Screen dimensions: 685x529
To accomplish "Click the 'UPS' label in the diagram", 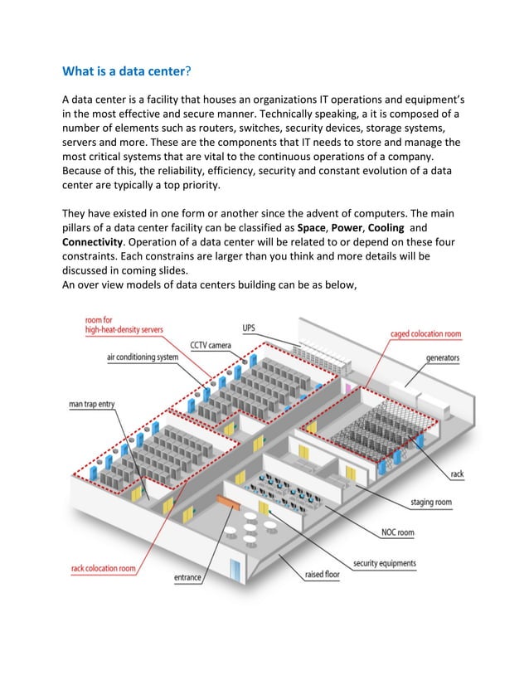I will pos(249,328).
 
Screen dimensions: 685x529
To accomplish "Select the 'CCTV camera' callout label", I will pos(211,345).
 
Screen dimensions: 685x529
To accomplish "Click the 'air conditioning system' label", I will pos(142,357).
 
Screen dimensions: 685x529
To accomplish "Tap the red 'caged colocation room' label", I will pos(426,334).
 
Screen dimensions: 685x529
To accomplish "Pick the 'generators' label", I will pos(442,358).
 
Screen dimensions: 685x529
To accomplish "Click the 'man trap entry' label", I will pos(91,405).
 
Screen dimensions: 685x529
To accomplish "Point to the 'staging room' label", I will pos(431,503).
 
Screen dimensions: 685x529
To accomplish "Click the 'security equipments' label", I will pos(385,564).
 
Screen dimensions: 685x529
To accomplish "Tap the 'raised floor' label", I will pos(322,574).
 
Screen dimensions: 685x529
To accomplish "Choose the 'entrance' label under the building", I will pos(187,577).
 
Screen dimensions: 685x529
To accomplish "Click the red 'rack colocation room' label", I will pos(104,569).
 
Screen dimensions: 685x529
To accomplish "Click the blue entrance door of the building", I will pos(235,570).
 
